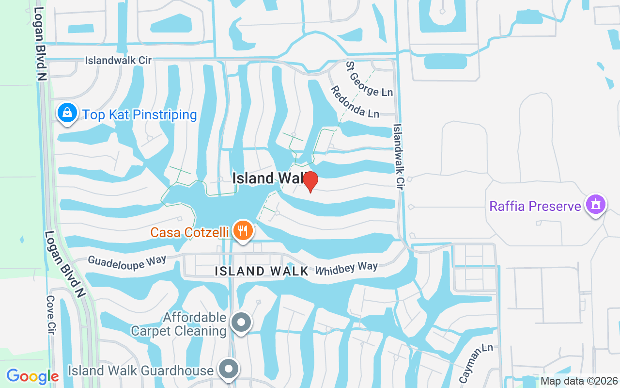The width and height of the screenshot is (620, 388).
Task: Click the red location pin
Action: coord(310,181)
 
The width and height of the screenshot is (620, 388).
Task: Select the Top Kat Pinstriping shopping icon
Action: coord(67,113)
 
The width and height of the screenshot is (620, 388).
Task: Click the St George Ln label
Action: coord(369,78)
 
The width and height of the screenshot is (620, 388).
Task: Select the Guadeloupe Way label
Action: coord(126,260)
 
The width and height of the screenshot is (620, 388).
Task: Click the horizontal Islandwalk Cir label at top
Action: coord(118,61)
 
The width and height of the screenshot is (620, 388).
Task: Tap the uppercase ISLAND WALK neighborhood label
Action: coord(262,271)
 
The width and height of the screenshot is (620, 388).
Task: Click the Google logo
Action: coord(32,376)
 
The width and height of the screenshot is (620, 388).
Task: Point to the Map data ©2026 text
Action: coord(579,381)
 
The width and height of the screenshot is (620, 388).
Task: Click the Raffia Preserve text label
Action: coord(535,206)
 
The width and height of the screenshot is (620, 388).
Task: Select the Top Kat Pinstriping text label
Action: coord(139,115)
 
